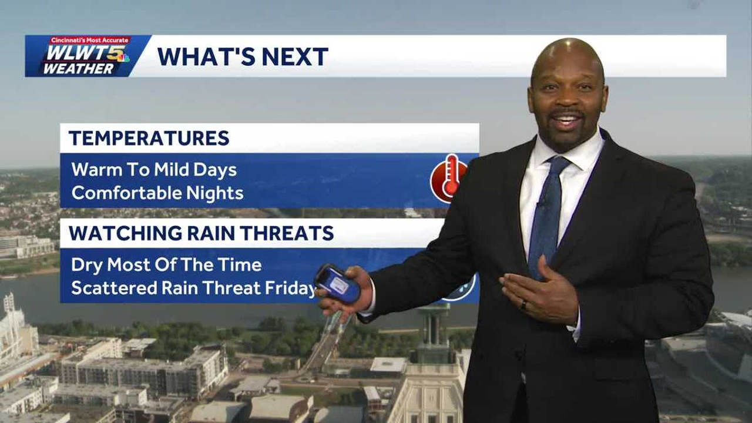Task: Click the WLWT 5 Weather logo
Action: tap(86, 56)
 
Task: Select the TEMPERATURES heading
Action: tap(149, 138)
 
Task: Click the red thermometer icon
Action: tap(449, 179)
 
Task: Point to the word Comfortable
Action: tap(126, 193)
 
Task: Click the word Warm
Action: tap(96, 170)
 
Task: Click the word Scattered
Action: tap(114, 288)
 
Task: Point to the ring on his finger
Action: tap(523, 305)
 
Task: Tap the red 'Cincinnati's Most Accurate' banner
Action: tap(90, 41)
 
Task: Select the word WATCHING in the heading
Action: tap(126, 233)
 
